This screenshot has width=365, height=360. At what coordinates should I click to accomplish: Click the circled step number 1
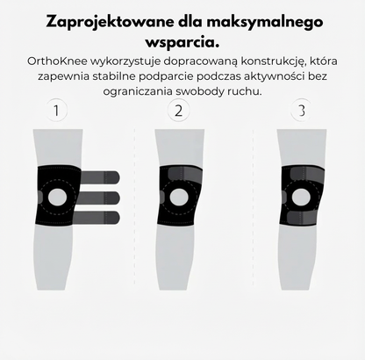58,112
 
